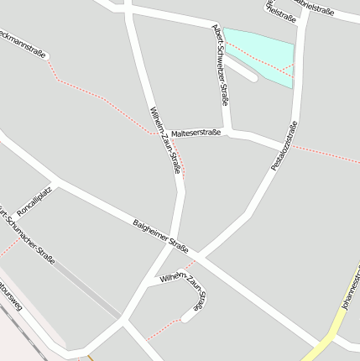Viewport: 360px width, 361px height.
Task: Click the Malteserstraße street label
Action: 195,133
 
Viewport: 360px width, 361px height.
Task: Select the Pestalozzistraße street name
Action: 285,147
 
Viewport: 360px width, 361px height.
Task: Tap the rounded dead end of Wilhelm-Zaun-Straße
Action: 185,318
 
